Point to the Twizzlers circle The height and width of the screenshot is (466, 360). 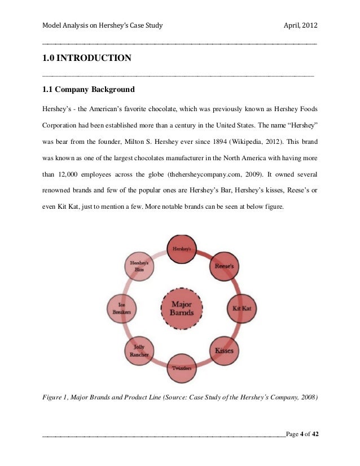pyautogui.click(x=182, y=368)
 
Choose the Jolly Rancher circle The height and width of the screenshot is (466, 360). pyautogui.click(x=139, y=350)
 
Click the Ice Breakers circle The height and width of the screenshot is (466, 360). pyautogui.click(x=121, y=308)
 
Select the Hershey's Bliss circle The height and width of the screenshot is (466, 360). pyautogui.click(x=139, y=266)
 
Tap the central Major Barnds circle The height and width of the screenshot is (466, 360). pyautogui.click(x=182, y=308)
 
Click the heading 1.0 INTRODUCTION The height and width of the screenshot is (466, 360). pyautogui.click(x=86, y=58)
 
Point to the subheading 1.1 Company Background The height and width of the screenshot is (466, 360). pyautogui.click(x=89, y=89)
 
